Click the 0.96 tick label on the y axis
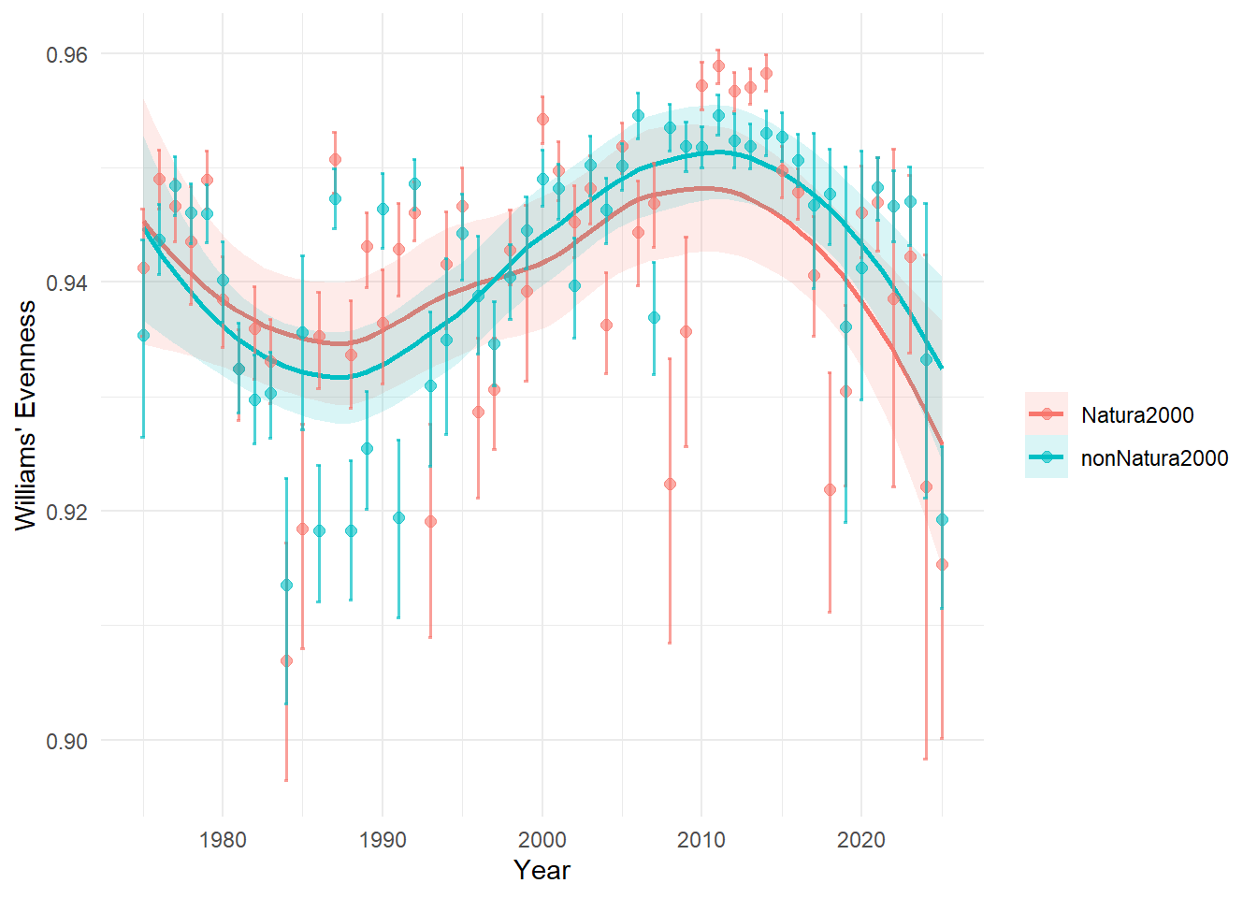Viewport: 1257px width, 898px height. (66, 55)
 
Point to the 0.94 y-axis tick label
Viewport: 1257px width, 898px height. (66, 282)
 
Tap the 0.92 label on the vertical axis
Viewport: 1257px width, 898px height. (66, 512)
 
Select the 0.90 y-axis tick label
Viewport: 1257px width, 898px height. (66, 741)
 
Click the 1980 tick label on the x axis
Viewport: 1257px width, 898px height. (223, 839)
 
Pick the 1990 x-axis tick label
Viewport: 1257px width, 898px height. (383, 839)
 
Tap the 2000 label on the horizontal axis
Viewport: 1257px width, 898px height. (542, 839)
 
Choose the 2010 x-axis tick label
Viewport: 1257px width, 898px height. (701, 839)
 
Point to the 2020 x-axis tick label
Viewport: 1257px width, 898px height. (861, 839)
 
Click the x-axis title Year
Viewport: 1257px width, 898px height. (542, 870)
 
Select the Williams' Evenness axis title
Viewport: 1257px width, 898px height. (26, 415)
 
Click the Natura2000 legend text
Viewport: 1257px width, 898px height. (1137, 415)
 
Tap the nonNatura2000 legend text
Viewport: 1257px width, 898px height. (1154, 458)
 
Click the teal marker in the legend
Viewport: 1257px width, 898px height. (1047, 457)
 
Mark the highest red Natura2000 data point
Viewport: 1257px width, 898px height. (718, 65)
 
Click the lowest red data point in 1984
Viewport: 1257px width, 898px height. (286, 660)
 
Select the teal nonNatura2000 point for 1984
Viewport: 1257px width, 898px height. (286, 585)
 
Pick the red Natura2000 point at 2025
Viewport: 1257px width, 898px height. (942, 564)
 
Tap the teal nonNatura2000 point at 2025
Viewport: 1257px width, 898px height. (942, 519)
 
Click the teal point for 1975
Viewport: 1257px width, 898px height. (143, 335)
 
